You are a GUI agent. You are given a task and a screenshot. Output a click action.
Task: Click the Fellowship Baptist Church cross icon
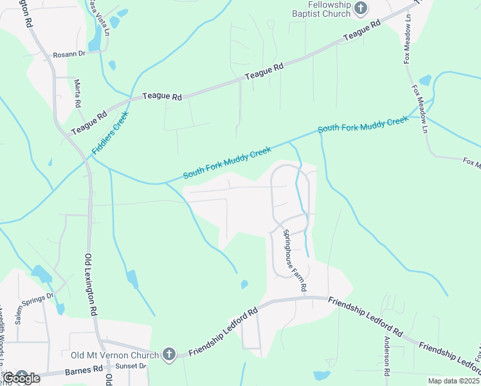(x=361, y=8)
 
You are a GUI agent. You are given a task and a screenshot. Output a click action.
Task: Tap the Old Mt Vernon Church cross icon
(x=168, y=354)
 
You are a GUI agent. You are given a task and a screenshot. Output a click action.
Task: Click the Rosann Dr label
(x=69, y=55)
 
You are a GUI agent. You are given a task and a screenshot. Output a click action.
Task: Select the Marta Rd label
(x=78, y=94)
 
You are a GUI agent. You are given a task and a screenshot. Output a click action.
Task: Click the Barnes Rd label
(x=84, y=371)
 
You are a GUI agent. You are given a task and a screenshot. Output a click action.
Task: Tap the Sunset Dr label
(x=131, y=366)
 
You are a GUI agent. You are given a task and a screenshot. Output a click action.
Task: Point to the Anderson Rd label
(x=387, y=356)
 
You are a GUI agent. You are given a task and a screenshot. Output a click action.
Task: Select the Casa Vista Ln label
(x=99, y=16)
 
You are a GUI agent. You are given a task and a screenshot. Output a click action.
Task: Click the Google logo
(x=21, y=378)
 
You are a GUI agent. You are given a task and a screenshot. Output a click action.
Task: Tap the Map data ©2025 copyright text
(x=454, y=381)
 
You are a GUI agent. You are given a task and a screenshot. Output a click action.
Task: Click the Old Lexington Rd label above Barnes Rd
(x=91, y=283)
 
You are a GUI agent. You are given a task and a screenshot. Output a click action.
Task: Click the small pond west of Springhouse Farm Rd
(x=244, y=284)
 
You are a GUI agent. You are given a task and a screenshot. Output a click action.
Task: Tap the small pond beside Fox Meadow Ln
(x=425, y=80)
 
